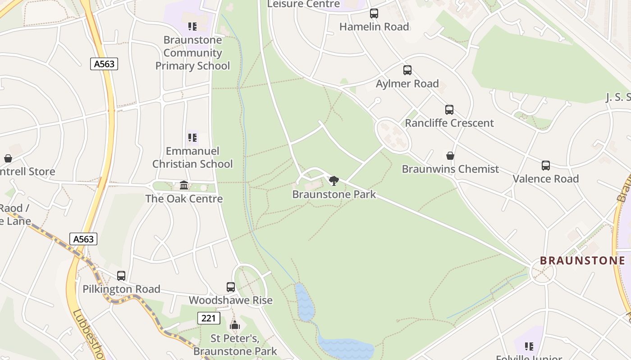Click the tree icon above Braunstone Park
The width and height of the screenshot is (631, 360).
click(334, 181)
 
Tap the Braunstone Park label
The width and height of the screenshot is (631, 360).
click(334, 194)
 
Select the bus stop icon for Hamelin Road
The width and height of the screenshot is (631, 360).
click(374, 13)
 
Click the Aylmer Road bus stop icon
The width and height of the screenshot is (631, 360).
click(407, 70)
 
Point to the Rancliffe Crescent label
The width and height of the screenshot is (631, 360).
click(449, 123)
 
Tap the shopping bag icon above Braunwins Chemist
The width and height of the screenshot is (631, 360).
click(450, 156)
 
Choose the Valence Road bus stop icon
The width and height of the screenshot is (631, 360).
click(545, 166)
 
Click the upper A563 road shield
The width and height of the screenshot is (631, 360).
click(104, 64)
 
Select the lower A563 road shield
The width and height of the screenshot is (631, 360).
click(84, 238)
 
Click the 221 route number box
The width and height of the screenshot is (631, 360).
click(209, 318)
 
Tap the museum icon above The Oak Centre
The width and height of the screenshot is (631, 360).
click(184, 185)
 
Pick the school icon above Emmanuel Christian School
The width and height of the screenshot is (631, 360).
click(192, 137)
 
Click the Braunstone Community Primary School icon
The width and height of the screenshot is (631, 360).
click(192, 27)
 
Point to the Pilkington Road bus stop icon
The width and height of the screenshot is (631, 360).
click(121, 275)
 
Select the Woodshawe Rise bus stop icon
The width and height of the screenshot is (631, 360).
click(230, 287)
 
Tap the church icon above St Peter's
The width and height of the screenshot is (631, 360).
click(234, 325)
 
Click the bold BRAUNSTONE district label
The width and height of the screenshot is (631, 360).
click(582, 261)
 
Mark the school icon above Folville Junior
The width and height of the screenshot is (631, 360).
click(529, 346)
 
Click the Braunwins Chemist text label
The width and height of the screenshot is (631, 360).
click(450, 169)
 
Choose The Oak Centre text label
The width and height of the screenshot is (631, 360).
click(184, 198)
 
